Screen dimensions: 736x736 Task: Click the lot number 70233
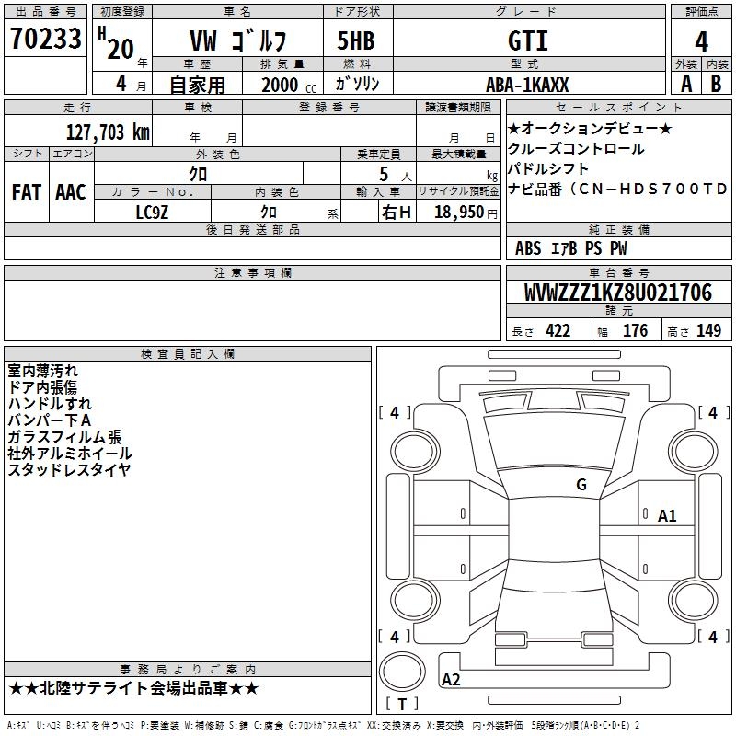point(46,39)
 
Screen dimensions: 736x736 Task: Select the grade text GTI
point(528,40)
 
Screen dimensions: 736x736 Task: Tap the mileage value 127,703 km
point(108,132)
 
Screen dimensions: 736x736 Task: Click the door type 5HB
point(356,40)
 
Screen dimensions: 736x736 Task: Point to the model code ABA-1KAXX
point(527,85)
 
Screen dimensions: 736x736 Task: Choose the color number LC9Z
point(152,213)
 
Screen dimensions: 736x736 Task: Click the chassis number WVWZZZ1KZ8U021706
point(618,293)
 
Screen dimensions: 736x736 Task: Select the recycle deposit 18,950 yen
point(466,213)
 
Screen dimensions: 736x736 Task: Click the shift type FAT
point(27,192)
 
